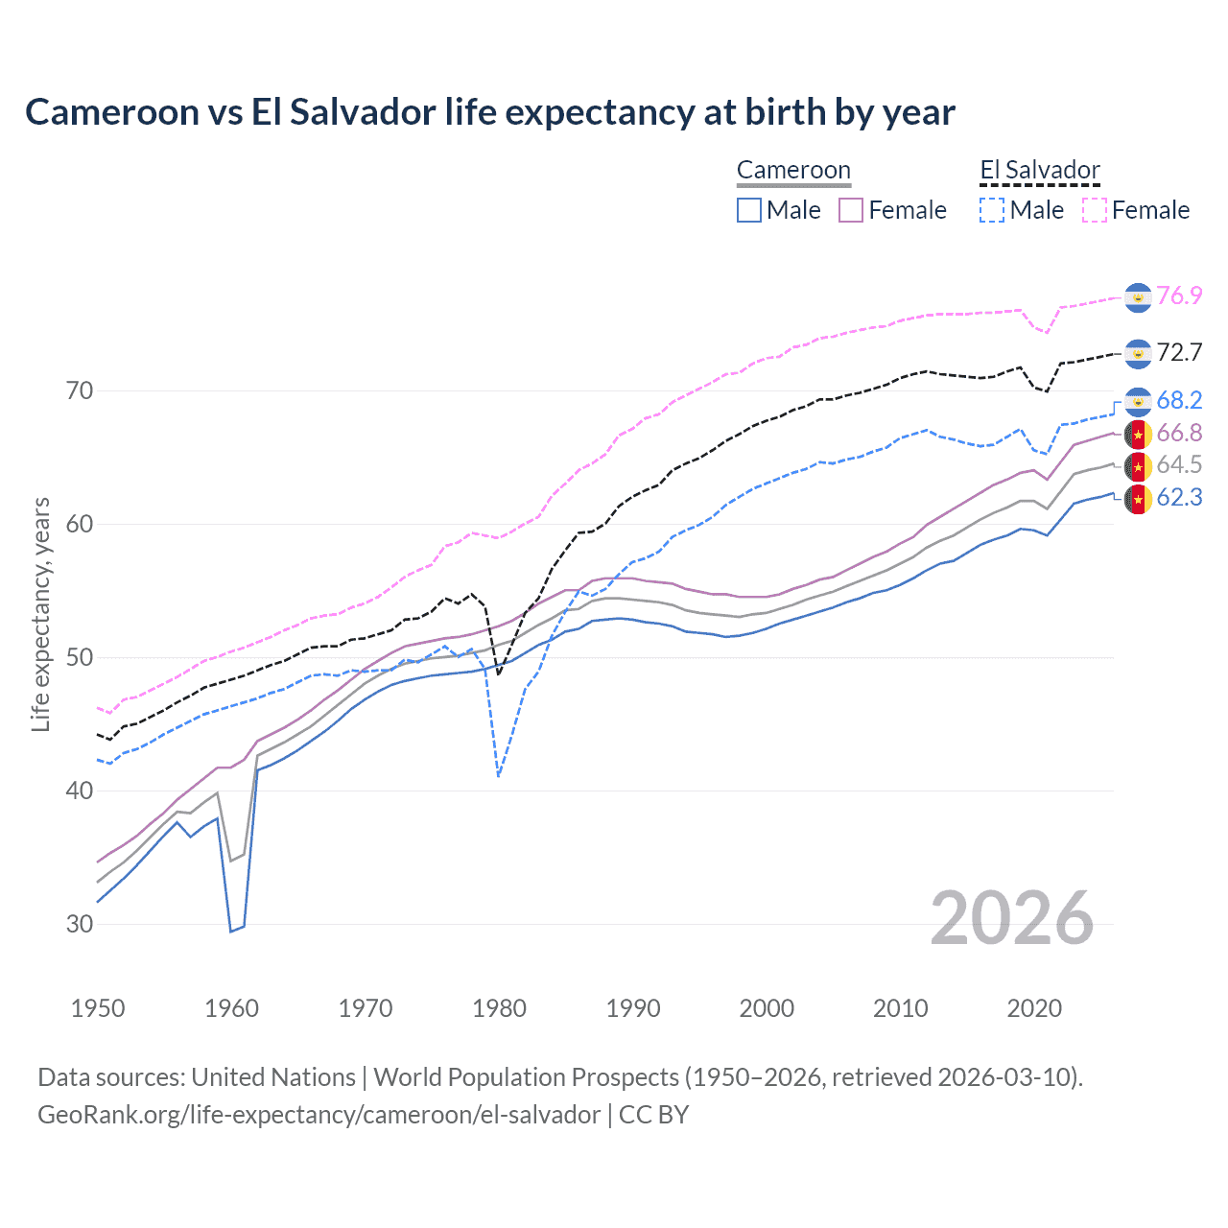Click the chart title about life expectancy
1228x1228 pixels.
click(489, 112)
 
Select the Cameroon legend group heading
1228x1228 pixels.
click(793, 171)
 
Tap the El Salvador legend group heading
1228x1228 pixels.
click(1039, 171)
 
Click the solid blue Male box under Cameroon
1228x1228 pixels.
click(749, 210)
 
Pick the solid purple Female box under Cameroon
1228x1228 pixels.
click(851, 210)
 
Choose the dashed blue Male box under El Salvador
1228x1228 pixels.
click(992, 210)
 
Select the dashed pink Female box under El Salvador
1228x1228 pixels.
click(1095, 210)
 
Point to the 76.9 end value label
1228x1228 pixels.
click(1179, 295)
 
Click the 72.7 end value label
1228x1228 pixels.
click(1179, 352)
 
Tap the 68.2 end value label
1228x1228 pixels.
click(1179, 400)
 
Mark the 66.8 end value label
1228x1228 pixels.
click(1179, 433)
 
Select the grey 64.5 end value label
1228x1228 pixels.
click(1179, 465)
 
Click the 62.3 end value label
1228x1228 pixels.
click(1179, 497)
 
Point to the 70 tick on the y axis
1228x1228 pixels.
click(80, 390)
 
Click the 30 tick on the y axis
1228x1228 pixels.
click(80, 924)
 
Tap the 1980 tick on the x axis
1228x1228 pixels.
click(499, 1008)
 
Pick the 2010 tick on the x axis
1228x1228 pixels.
click(900, 1008)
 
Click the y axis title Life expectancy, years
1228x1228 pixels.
click(40, 614)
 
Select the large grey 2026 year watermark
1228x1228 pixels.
click(1011, 918)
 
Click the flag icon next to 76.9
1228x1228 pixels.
click(1138, 297)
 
